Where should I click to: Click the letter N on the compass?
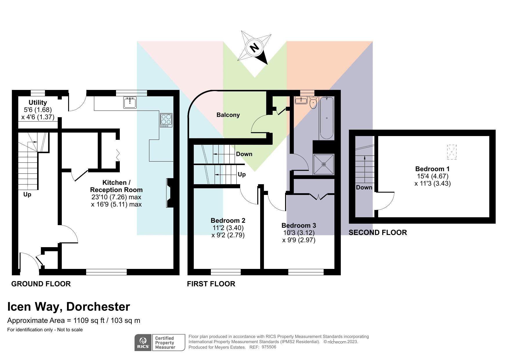254,47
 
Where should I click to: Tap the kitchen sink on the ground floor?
130,103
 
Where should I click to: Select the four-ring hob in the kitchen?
166,120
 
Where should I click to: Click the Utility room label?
38,102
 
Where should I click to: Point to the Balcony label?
228,115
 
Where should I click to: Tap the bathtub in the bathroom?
327,118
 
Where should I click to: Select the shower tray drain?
324,164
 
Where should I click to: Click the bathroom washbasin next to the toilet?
301,101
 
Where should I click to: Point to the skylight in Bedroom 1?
452,152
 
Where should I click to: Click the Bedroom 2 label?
228,220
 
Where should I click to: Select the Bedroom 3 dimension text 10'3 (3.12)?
299,233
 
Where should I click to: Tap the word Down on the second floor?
364,187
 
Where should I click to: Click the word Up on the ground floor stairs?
27,194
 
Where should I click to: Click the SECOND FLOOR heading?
378,233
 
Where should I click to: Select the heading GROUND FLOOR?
41,284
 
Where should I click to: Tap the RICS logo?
143,343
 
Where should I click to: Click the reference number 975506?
269,347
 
